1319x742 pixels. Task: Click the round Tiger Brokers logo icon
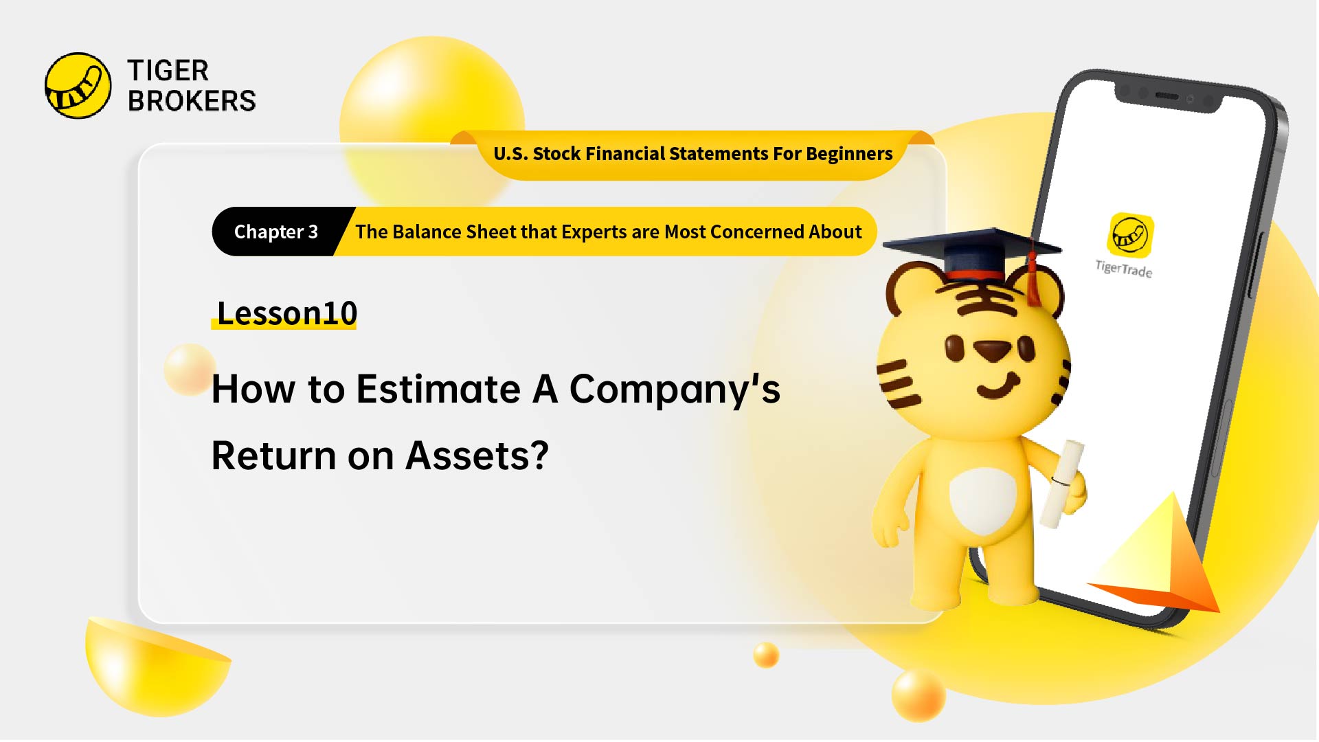78,86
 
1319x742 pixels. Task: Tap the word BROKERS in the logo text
192,101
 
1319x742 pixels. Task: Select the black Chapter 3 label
275,232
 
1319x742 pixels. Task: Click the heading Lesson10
286,313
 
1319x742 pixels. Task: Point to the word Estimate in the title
438,389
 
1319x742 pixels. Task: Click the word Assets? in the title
477,456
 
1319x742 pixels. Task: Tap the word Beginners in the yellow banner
849,154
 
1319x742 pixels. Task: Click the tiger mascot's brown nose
992,351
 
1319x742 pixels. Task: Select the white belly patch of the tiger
982,499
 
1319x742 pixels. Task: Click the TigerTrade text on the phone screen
1124,269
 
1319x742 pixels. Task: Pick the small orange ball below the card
766,655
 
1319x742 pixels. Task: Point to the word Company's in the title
675,389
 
